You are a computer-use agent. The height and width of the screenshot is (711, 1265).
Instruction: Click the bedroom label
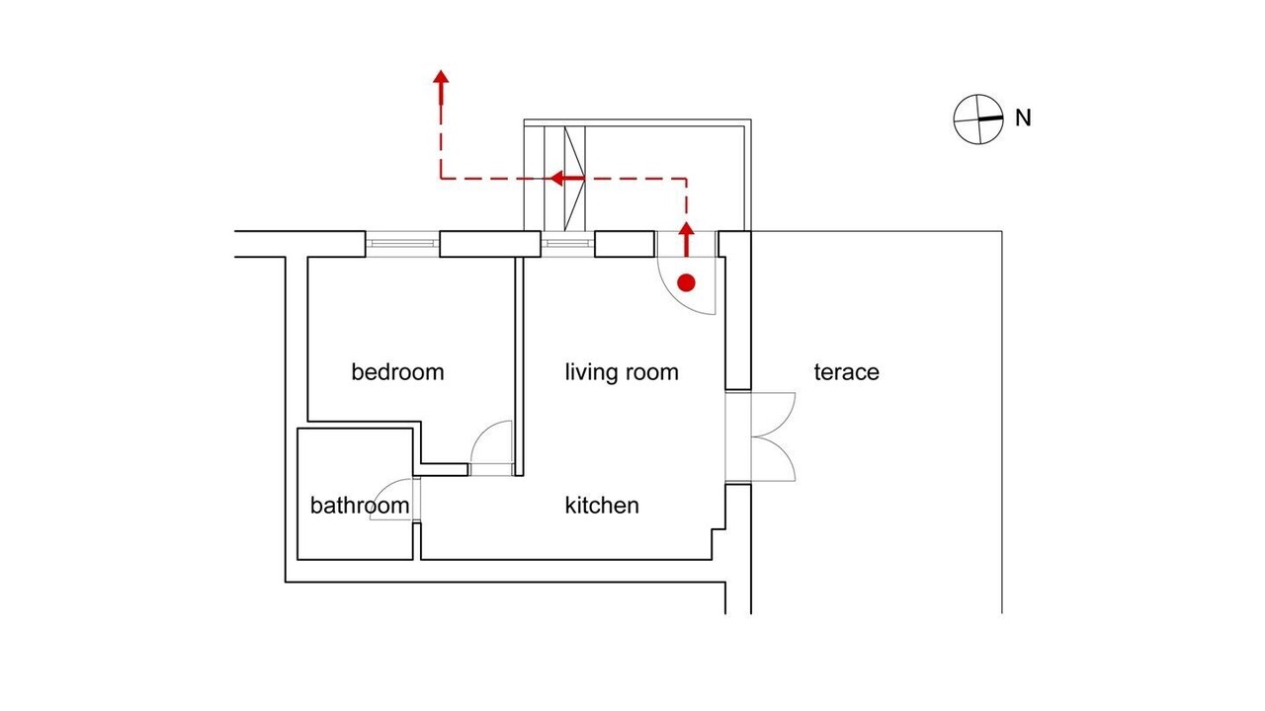pos(397,372)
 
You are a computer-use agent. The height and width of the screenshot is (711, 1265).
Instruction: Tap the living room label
pos(622,372)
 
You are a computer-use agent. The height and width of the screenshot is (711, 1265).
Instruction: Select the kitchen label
pos(602,506)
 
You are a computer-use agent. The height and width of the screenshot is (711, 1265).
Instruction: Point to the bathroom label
pos(360,506)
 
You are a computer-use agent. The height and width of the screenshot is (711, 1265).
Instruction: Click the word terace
pos(847,372)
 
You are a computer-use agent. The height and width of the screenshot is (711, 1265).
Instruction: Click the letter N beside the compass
pos(1023,118)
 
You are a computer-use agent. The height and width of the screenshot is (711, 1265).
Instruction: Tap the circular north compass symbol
pos(978,119)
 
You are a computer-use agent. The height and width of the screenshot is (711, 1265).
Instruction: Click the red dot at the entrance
pos(686,282)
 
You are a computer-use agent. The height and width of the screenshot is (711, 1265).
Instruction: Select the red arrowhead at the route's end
pos(441,78)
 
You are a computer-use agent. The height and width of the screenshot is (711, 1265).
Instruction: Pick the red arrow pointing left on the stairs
pos(567,179)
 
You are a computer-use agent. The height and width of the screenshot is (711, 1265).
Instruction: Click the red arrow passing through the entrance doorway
pos(686,239)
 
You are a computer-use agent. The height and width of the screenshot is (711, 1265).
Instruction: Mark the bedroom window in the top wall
pos(402,244)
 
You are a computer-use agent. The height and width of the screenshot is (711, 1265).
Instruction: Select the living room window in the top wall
pos(567,244)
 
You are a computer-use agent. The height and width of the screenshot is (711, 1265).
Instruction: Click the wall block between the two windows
pos(490,244)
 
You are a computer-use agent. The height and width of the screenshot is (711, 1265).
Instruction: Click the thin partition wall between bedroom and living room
pos(520,366)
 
